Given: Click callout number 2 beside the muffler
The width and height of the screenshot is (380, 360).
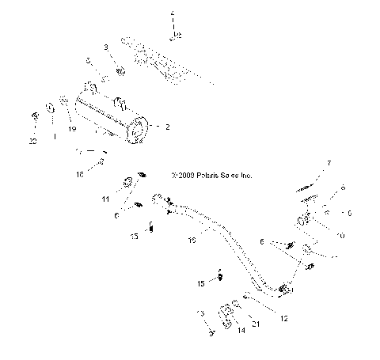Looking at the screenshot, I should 167,126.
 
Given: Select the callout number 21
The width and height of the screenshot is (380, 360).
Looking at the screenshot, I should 255,324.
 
